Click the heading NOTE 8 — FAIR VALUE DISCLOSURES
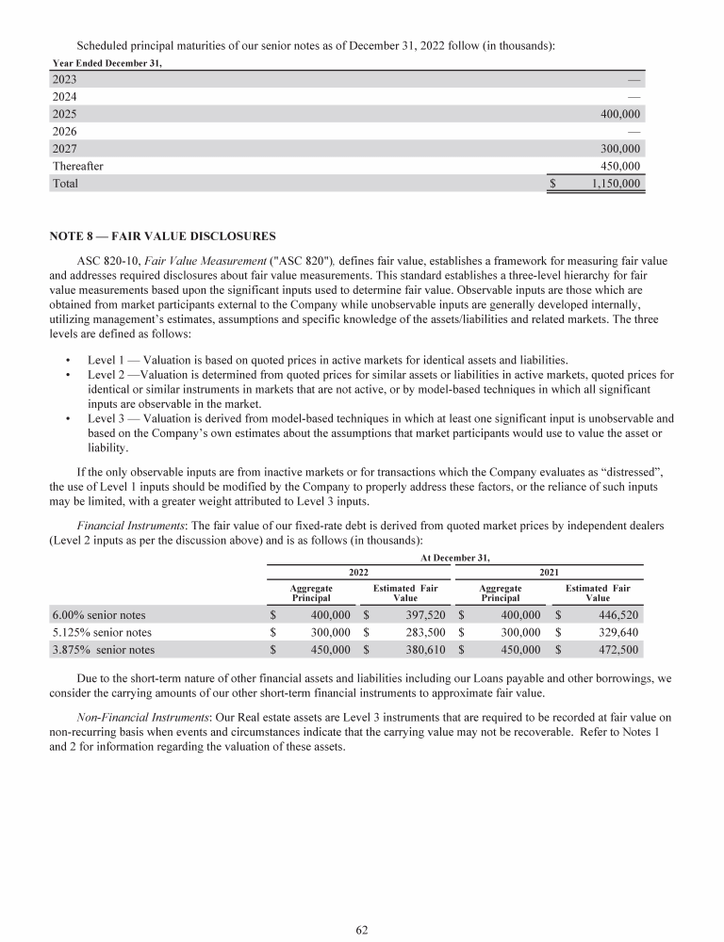pos(163,235)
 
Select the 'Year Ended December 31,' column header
pos(107,63)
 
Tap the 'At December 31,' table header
pos(455,557)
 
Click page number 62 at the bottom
pos(362,929)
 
